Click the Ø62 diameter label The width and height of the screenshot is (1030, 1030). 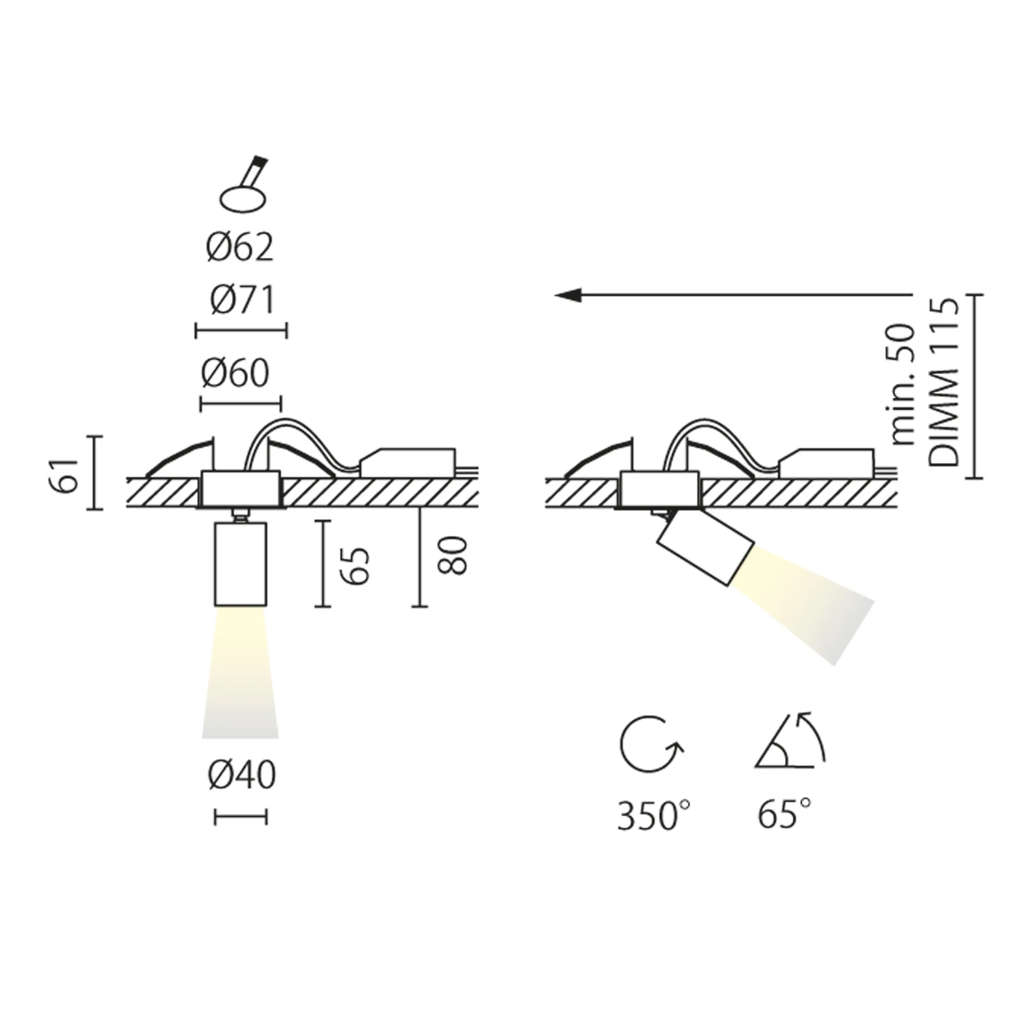click(240, 247)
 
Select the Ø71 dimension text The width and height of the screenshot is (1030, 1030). click(243, 300)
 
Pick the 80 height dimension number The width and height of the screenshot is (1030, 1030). click(452, 556)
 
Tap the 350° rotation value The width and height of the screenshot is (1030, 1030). click(654, 815)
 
